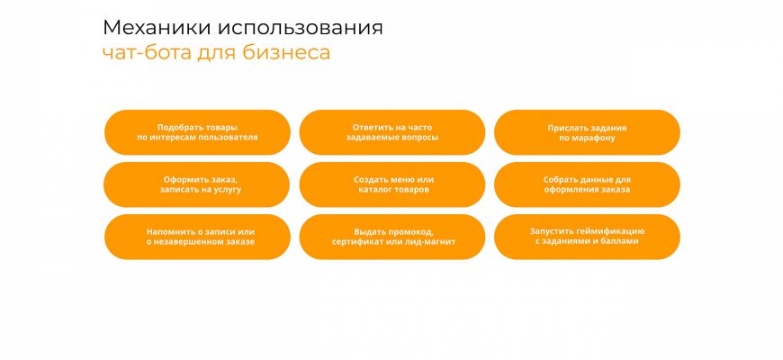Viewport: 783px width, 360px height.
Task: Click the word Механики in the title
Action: pos(157,28)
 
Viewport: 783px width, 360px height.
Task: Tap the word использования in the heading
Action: pos(300,29)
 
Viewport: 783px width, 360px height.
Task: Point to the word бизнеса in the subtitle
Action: pos(286,52)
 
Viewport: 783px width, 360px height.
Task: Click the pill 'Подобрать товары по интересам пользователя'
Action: pos(197,132)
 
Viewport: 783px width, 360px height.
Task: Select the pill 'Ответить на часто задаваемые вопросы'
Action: pos(392,132)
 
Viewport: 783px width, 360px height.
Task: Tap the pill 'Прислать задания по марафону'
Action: pos(587,132)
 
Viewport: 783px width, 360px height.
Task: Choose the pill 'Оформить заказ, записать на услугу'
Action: pos(197,184)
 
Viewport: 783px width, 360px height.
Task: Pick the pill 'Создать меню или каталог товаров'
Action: pos(392,184)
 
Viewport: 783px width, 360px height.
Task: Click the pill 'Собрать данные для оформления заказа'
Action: pos(587,184)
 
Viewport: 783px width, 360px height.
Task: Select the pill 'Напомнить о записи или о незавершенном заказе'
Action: pos(197,237)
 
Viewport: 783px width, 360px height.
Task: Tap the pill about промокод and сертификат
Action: pos(392,237)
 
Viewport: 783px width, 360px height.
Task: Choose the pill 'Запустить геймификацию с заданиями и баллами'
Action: pos(587,237)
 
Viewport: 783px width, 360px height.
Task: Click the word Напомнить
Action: pos(166,231)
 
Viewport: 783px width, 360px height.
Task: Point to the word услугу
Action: pos(228,190)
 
